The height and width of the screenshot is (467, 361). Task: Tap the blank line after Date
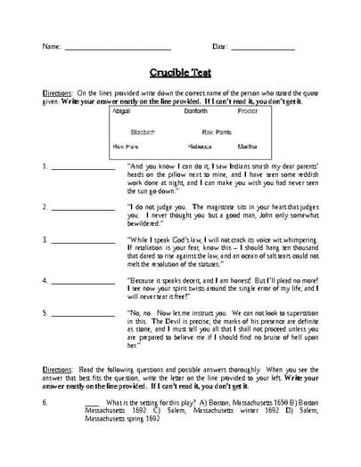point(263,49)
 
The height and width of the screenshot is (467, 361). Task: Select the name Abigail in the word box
point(126,113)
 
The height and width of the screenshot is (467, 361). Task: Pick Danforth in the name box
point(195,113)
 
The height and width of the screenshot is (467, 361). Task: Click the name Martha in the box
point(249,146)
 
